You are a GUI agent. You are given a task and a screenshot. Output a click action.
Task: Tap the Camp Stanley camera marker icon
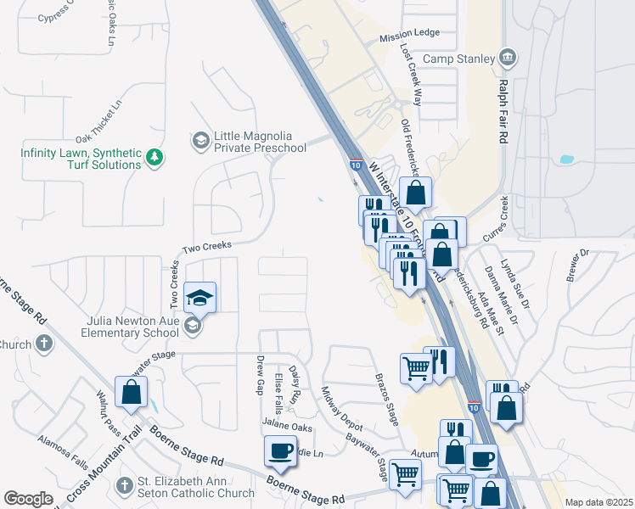coord(507,58)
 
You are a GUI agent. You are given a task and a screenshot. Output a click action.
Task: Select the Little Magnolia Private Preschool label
coord(259,142)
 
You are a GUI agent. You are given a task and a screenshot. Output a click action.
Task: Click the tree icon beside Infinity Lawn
coord(154,157)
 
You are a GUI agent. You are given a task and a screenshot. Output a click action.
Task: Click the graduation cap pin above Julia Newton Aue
coord(200,298)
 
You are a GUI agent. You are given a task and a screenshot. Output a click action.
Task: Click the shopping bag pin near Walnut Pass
coord(131,392)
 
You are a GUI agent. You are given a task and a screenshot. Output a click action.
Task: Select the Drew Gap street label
coord(261,374)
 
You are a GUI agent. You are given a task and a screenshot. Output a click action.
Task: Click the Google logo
coord(29,499)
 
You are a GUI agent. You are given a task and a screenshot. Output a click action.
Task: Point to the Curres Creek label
coord(494,218)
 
